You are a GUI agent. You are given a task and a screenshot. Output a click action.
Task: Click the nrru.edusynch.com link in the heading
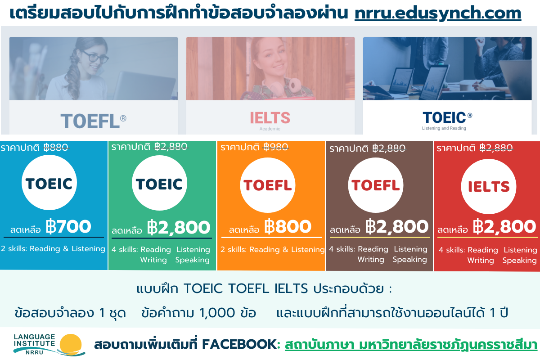(x=438, y=13)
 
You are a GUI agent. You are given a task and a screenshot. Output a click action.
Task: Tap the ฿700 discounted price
(x=68, y=226)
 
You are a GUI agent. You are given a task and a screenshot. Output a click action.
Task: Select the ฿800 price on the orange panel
(x=288, y=226)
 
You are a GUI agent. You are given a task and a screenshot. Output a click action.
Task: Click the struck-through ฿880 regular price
(x=56, y=147)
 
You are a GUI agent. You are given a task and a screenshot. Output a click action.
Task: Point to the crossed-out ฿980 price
(x=275, y=147)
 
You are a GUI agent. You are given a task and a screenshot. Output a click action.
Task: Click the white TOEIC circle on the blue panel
(x=49, y=183)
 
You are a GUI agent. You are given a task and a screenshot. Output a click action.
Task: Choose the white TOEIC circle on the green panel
(x=159, y=183)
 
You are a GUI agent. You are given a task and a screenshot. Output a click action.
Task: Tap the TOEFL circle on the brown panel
(x=376, y=185)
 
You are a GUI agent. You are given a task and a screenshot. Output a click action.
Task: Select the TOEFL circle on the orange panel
(x=268, y=185)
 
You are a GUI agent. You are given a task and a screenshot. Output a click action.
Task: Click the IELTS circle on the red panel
(x=489, y=186)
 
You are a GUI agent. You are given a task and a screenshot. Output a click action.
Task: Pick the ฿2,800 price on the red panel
(x=504, y=227)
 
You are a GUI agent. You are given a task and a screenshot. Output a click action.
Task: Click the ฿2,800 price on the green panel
(x=179, y=227)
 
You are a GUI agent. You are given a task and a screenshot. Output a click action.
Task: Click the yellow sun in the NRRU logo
(x=71, y=343)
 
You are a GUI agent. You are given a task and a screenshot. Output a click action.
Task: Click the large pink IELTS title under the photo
(x=270, y=118)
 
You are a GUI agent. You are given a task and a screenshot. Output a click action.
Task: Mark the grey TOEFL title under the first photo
(x=90, y=121)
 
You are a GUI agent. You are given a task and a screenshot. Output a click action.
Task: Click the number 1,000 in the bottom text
(x=217, y=313)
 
